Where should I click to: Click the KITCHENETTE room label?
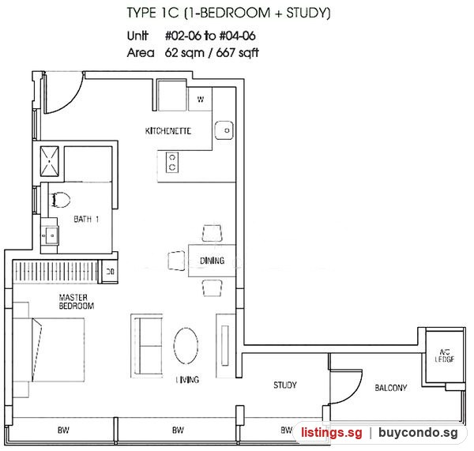(168, 131)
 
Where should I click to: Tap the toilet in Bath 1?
(61, 200)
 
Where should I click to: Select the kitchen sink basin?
(224, 130)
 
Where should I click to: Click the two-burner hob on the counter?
(172, 163)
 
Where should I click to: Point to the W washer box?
(200, 100)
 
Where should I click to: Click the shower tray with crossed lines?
(50, 161)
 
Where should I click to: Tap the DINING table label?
(213, 261)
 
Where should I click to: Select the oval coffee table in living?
(186, 346)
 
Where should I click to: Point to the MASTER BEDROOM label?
(77, 302)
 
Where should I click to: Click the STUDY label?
(285, 385)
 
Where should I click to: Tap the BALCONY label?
(391, 388)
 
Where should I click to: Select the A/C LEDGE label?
(444, 355)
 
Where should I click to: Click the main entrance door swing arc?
(73, 100)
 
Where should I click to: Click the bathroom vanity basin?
(51, 235)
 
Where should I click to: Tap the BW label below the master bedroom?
(63, 430)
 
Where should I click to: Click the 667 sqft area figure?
(238, 53)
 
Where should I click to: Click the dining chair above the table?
(213, 233)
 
